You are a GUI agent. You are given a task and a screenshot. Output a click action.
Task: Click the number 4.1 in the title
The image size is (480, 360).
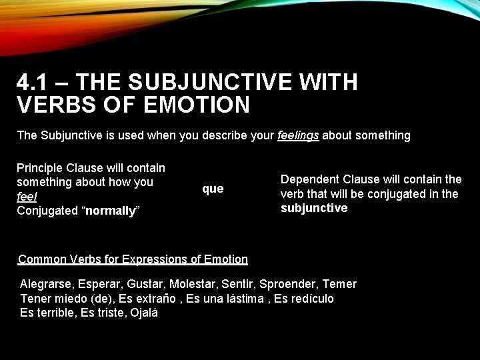(32, 83)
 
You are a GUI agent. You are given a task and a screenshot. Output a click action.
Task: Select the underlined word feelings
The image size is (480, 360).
(298, 135)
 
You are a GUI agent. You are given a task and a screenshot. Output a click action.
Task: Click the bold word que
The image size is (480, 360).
(213, 189)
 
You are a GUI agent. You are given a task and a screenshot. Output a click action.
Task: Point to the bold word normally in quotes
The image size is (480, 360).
(110, 211)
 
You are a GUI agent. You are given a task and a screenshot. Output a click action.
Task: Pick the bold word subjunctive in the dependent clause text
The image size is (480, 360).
(314, 208)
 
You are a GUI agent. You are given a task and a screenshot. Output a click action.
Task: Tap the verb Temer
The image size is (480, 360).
(339, 284)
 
